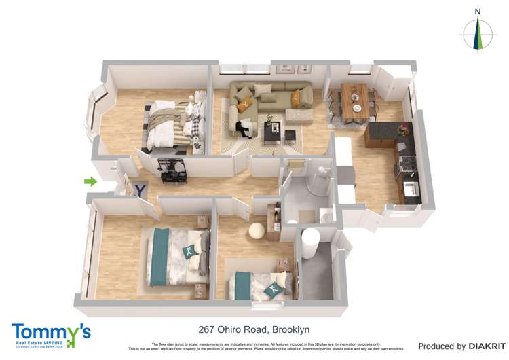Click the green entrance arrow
pos(90,181)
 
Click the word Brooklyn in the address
pos(290,330)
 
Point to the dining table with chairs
pos(354,100)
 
